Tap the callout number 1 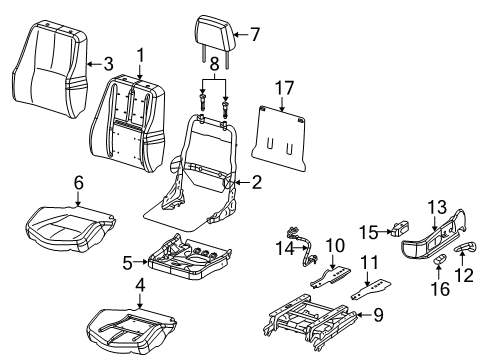141,53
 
